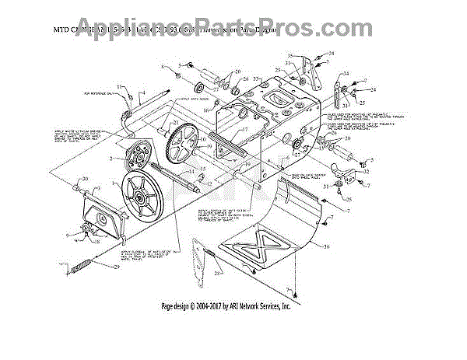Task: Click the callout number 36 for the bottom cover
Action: point(327,246)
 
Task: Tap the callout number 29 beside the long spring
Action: point(116,267)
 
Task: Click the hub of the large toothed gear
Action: point(189,147)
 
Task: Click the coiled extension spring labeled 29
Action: point(85,269)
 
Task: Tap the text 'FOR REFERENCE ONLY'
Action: point(97,93)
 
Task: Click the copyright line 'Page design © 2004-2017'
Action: point(226,306)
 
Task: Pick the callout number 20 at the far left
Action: point(86,180)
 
